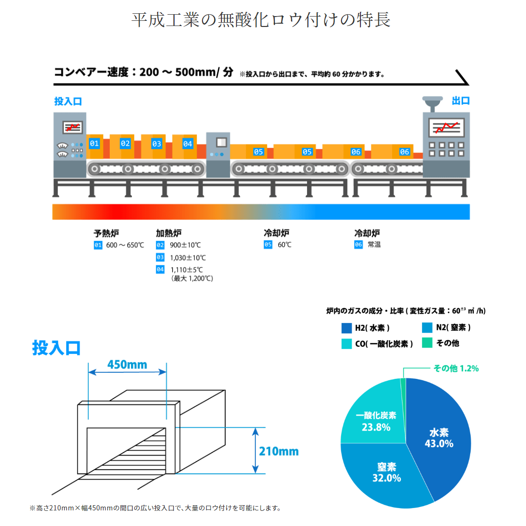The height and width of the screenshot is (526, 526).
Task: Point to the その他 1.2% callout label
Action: (x=456, y=368)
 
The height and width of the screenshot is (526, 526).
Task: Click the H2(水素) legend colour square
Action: (x=346, y=328)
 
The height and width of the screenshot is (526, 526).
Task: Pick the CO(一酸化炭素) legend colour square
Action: (x=346, y=344)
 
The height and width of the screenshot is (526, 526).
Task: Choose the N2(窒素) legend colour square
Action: (x=427, y=327)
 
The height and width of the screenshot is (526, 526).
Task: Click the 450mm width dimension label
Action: (x=127, y=364)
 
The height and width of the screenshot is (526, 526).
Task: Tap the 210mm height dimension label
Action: (x=279, y=451)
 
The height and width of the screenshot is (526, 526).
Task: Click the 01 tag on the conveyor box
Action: (x=94, y=144)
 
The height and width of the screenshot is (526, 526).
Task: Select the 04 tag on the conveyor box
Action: (x=187, y=144)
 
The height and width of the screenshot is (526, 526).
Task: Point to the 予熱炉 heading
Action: (x=106, y=233)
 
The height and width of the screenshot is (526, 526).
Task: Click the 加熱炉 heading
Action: (x=169, y=233)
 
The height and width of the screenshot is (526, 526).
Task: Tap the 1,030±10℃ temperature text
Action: (x=188, y=258)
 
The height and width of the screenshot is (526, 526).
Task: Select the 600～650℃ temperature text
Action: (x=125, y=245)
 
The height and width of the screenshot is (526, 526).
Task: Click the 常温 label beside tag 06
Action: (x=374, y=245)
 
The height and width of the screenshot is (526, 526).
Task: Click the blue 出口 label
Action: (x=461, y=101)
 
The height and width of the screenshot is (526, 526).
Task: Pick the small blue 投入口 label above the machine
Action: (x=68, y=101)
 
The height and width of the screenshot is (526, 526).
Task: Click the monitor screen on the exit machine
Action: (x=447, y=127)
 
